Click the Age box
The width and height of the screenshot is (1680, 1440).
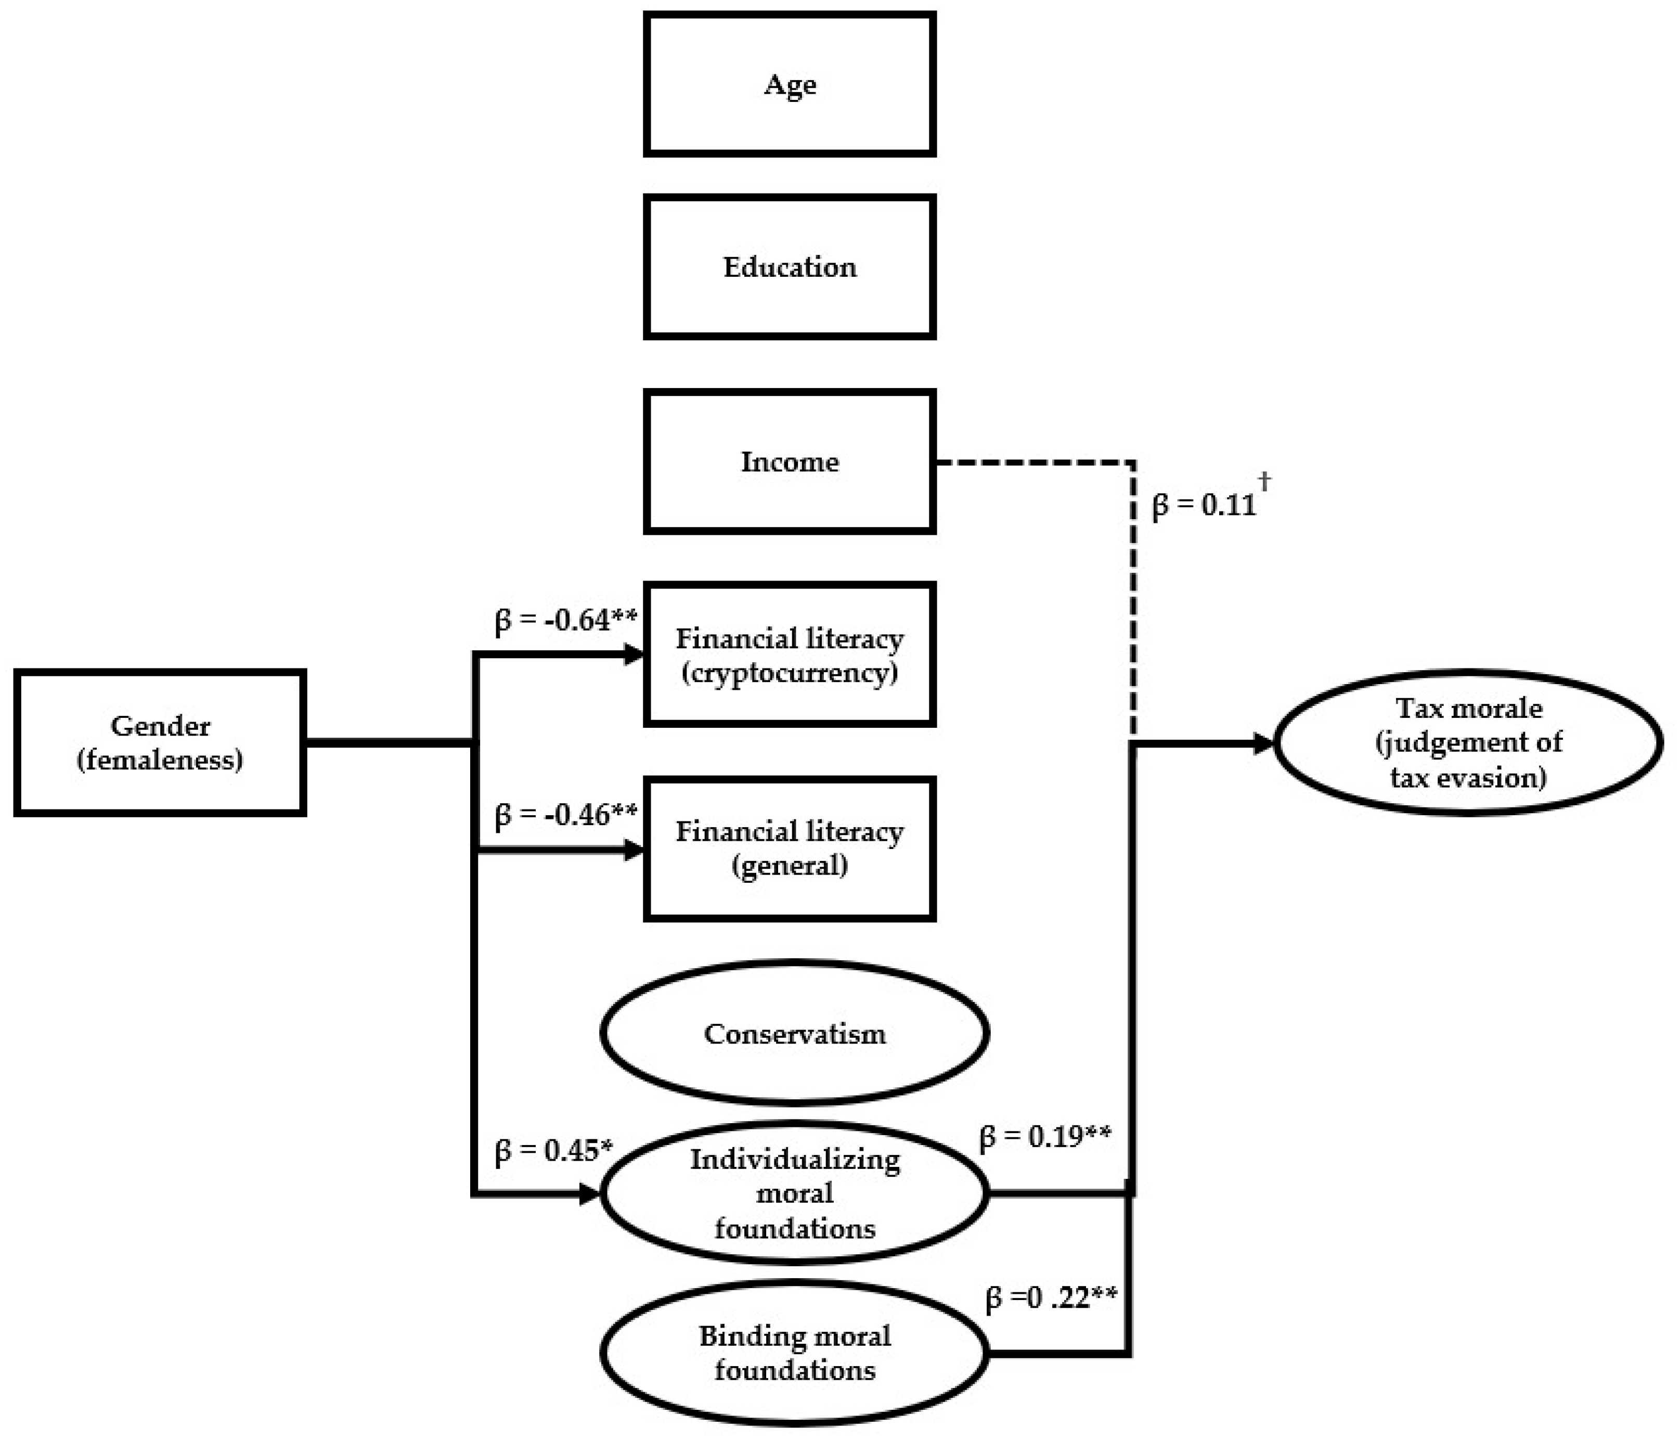[790, 84]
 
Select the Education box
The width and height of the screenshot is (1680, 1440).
[790, 267]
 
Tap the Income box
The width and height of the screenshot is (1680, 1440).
[790, 461]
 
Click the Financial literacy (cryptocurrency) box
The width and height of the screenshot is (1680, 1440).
[790, 654]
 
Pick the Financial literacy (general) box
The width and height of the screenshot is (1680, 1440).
[790, 848]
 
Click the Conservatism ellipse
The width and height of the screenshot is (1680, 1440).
[795, 1033]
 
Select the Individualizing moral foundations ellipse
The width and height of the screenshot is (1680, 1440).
[795, 1193]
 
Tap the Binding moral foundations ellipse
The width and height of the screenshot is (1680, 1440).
[795, 1353]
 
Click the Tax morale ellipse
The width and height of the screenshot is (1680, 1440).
[1468, 742]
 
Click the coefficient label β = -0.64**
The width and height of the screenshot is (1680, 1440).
[566, 620]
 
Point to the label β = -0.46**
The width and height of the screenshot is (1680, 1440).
[566, 814]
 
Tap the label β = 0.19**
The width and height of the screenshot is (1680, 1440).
[1045, 1137]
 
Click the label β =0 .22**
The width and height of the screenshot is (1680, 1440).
[1051, 1297]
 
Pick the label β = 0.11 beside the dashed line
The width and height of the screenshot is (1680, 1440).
[1203, 505]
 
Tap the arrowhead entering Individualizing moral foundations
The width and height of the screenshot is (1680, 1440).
[589, 1193]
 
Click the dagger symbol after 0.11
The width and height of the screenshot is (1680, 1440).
[1264, 481]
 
